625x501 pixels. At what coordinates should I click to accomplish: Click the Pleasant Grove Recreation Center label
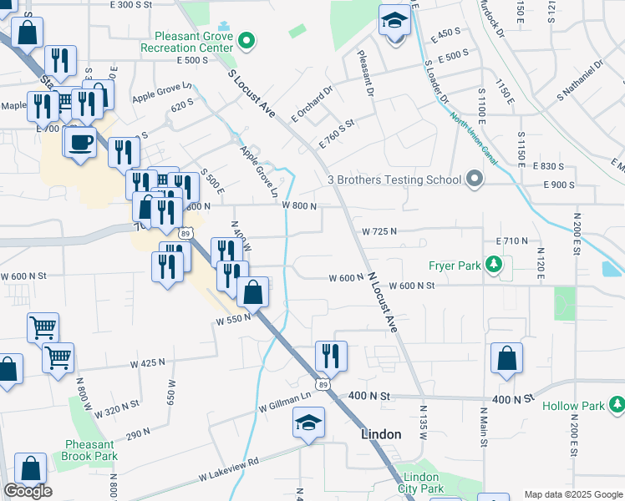click(x=193, y=42)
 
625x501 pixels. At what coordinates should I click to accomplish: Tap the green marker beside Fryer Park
click(x=494, y=266)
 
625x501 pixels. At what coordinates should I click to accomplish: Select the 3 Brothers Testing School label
click(x=394, y=180)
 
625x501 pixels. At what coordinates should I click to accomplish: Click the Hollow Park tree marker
click(x=617, y=406)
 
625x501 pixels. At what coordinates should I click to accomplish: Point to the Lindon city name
click(x=382, y=434)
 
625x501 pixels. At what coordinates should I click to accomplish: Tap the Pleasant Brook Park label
click(x=89, y=450)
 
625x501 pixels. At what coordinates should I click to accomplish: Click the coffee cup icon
click(x=80, y=142)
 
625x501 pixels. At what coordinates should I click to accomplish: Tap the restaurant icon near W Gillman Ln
click(x=331, y=356)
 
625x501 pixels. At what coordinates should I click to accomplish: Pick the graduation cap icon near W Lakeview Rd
click(x=308, y=423)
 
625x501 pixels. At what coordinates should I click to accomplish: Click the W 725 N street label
click(x=379, y=230)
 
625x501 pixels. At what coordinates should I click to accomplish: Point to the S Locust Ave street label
click(x=252, y=92)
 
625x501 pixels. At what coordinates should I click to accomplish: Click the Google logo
click(x=28, y=491)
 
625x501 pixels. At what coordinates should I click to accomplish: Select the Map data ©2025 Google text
click(x=573, y=494)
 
